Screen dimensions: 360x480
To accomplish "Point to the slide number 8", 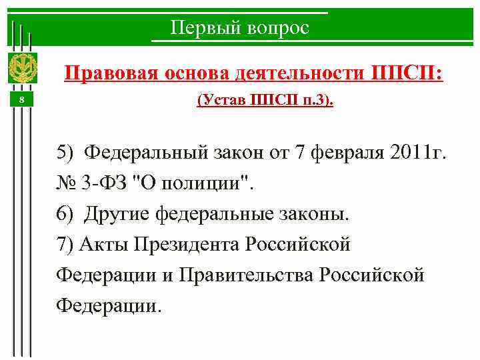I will [x=21, y=100].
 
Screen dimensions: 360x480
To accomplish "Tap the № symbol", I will [x=67, y=183].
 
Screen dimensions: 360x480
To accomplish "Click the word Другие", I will [x=118, y=214].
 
